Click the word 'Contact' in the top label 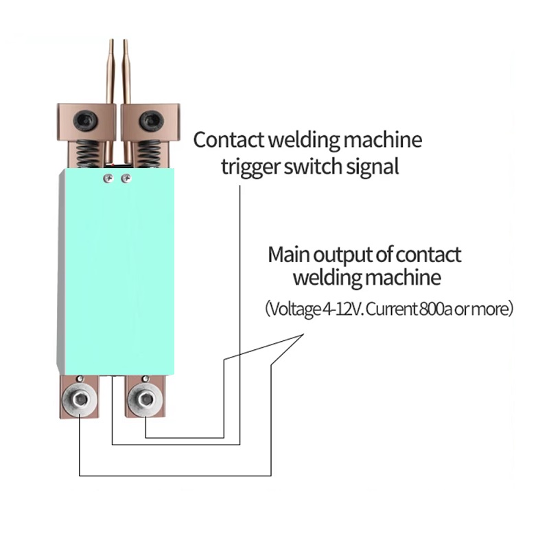pyautogui.click(x=229, y=141)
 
